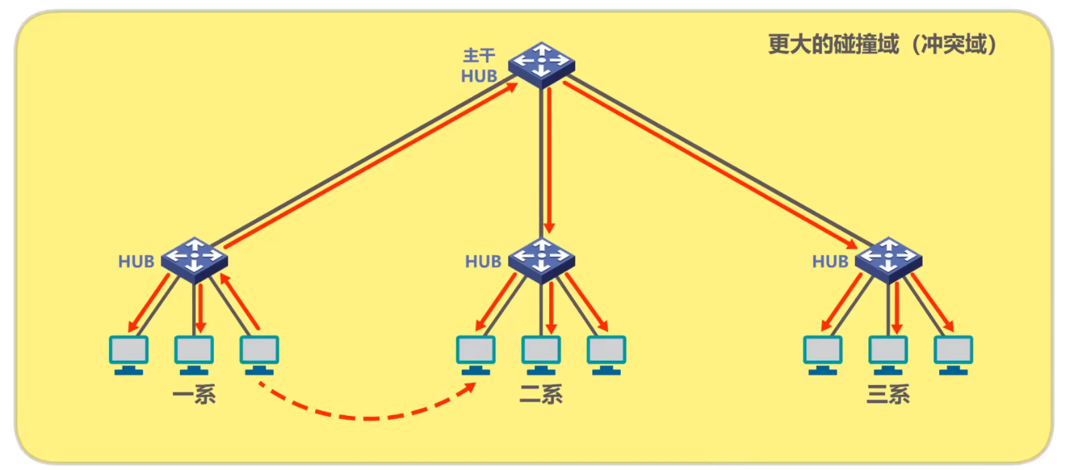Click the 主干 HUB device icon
541,64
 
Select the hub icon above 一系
194,258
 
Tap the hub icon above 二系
541,258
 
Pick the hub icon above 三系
888,258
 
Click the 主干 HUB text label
479,66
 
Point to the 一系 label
194,394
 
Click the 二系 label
541,394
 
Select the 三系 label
888,394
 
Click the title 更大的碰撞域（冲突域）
882,44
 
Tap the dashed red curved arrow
368,417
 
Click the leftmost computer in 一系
128,354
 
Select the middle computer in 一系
194,354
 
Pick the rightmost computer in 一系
260,354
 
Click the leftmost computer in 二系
476,354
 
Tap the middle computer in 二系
541,354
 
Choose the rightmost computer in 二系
607,354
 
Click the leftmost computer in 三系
823,354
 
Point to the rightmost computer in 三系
954,354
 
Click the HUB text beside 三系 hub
830,261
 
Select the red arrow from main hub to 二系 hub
549,161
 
